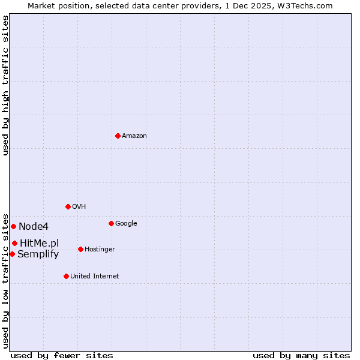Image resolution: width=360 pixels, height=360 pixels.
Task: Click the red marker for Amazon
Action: click(118, 136)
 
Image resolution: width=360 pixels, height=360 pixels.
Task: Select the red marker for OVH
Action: click(68, 206)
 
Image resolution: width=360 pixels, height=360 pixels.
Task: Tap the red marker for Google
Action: click(111, 223)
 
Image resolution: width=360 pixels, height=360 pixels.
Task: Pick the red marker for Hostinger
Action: click(80, 249)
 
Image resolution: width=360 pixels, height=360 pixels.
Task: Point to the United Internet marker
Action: click(66, 276)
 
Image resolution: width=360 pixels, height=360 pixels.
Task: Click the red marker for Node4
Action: click(13, 226)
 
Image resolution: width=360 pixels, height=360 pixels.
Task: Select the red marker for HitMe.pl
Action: click(14, 243)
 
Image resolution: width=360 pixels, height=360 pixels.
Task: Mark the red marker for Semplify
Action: click(12, 254)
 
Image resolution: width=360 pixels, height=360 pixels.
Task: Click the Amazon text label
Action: click(134, 136)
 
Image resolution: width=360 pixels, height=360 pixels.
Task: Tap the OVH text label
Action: click(79, 207)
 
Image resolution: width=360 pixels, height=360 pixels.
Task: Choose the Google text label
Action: click(126, 224)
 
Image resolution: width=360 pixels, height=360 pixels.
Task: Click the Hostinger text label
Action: click(100, 250)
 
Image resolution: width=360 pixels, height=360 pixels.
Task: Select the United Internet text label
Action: click(95, 277)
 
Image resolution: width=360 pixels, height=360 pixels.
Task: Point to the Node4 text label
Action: click(34, 227)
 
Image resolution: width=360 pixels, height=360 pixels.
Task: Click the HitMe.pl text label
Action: click(40, 243)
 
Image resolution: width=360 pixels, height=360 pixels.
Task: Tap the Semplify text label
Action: click(38, 254)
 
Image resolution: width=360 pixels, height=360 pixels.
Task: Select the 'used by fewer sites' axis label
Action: click(62, 355)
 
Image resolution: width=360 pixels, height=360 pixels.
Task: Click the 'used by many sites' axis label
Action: click(301, 355)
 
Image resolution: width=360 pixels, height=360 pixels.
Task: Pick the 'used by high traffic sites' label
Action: click(5, 85)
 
